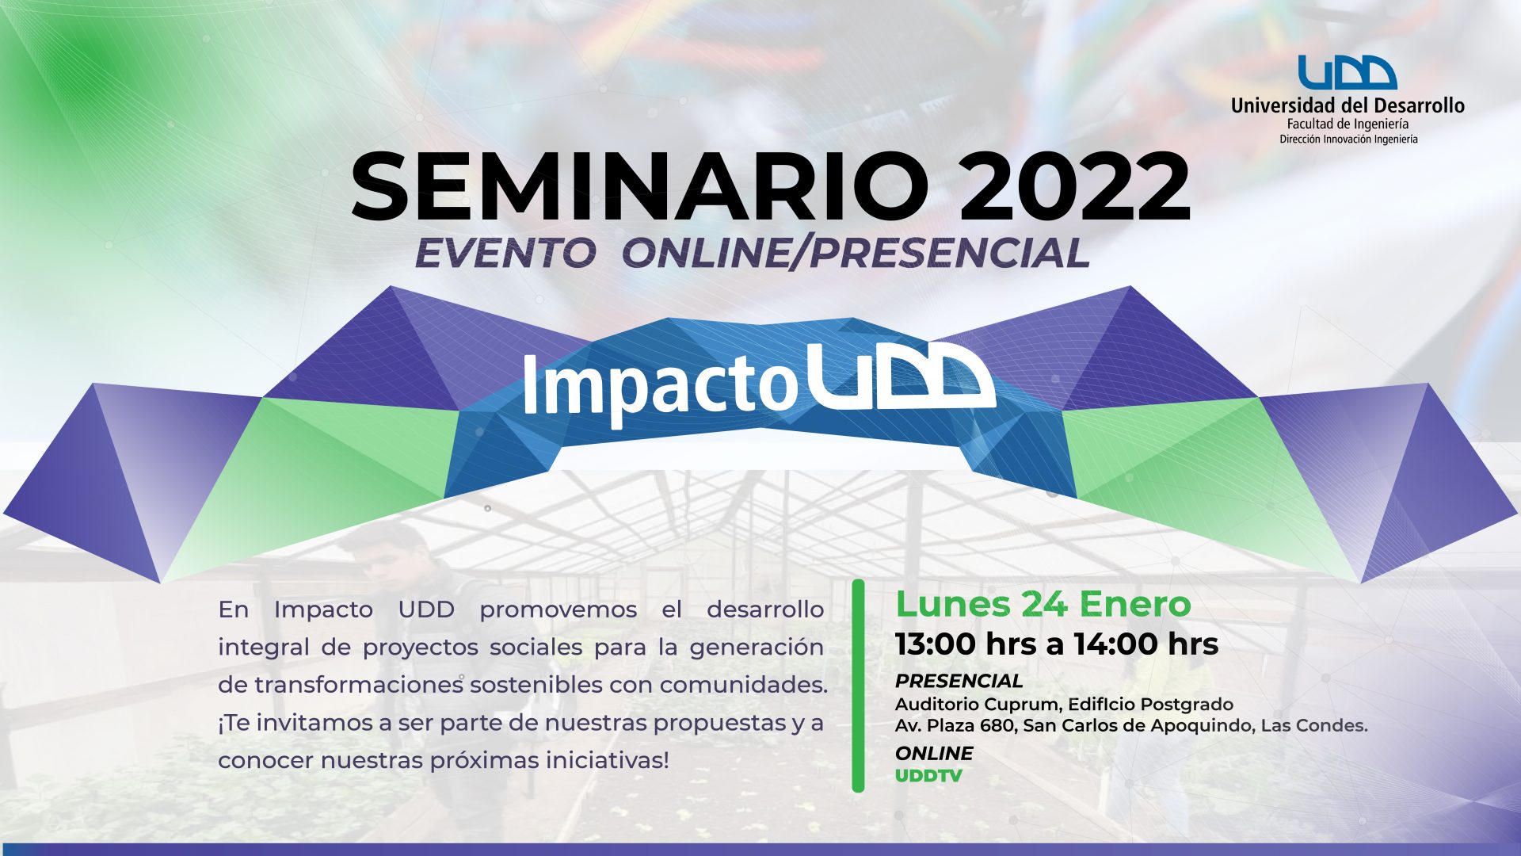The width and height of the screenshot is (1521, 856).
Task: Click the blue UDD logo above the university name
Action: pos(1347,72)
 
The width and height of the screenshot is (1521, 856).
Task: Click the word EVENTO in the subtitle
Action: pos(505,253)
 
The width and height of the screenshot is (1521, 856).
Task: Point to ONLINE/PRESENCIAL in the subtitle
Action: pos(856,253)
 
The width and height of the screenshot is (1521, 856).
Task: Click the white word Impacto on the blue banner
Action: pos(659,384)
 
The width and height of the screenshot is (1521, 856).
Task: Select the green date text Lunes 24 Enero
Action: pos(1043,604)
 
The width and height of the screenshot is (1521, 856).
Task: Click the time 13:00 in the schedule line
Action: pos(936,644)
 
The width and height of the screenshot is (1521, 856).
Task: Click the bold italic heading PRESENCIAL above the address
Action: pos(959,681)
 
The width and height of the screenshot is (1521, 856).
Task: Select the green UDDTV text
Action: pos(928,775)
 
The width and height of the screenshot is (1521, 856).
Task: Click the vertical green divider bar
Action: pos(858,686)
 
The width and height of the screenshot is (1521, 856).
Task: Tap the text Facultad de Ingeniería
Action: pos(1348,124)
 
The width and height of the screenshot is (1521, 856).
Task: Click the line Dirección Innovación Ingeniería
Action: pos(1348,139)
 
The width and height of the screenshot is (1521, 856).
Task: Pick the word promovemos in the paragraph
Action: pos(558,610)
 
